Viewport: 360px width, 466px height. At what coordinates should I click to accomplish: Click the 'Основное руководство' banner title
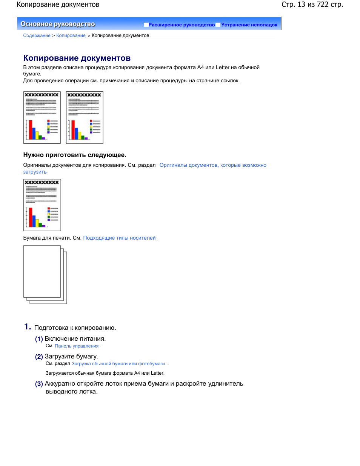(x=58, y=24)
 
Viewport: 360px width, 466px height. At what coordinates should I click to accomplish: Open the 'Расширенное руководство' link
(x=181, y=25)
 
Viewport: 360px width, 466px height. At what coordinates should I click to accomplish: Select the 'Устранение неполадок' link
(x=249, y=25)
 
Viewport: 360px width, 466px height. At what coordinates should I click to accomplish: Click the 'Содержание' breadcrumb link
(x=37, y=35)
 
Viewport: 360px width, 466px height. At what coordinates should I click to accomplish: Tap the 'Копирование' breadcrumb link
(x=71, y=35)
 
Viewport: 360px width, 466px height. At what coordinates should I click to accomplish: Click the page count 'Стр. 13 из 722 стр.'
(x=312, y=5)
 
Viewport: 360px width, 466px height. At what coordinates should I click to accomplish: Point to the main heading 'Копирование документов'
(x=77, y=58)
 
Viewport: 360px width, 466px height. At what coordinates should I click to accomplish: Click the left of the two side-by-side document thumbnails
(x=42, y=117)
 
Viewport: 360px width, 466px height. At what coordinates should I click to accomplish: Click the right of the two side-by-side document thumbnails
(x=85, y=117)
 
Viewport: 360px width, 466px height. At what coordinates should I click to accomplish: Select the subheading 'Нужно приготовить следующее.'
(x=75, y=155)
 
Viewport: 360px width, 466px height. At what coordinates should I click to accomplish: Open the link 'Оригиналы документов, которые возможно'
(x=213, y=165)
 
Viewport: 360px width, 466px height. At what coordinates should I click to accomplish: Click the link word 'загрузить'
(x=35, y=172)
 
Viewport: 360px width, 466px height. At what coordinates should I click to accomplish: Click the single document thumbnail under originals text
(x=42, y=205)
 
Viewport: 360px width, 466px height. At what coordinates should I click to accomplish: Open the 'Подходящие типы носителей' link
(x=119, y=238)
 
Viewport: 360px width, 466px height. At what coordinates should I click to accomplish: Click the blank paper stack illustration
(x=45, y=274)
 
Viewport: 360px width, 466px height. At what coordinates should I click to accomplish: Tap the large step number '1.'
(x=28, y=327)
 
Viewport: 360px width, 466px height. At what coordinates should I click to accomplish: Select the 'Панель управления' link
(x=77, y=346)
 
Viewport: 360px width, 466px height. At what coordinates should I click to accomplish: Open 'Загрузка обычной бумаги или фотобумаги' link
(x=118, y=364)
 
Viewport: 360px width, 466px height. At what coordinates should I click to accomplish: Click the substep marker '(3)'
(x=39, y=384)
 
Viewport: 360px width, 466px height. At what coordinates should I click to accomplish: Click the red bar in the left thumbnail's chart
(x=31, y=129)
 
